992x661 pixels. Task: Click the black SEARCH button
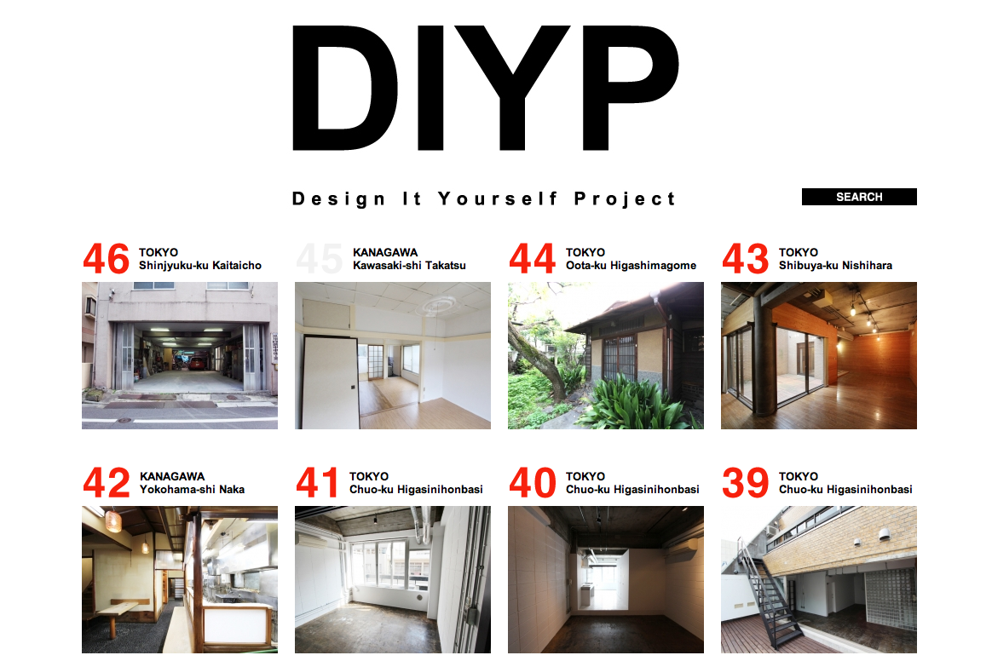pos(858,197)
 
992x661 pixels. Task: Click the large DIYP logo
pos(485,88)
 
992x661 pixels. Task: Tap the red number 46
pos(106,259)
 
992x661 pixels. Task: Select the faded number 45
pos(320,259)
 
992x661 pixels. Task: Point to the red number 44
pos(532,259)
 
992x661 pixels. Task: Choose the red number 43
pos(745,259)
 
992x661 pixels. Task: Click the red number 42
pos(107,483)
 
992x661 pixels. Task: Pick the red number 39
pos(745,483)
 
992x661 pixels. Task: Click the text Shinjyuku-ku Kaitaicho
pos(200,266)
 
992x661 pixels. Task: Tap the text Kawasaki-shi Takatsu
pos(409,266)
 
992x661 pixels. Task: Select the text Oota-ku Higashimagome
pos(631,266)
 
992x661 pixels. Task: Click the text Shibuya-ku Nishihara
pos(835,266)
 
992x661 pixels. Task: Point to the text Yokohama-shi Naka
pos(192,490)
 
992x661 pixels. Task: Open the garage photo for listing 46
pos(180,355)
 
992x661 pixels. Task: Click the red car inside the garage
pos(197,363)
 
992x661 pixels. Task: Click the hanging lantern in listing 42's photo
pos(114,520)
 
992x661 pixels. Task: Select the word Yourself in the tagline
pos(498,198)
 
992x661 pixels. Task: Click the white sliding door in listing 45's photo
pos(330,382)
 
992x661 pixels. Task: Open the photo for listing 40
pos(605,579)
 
